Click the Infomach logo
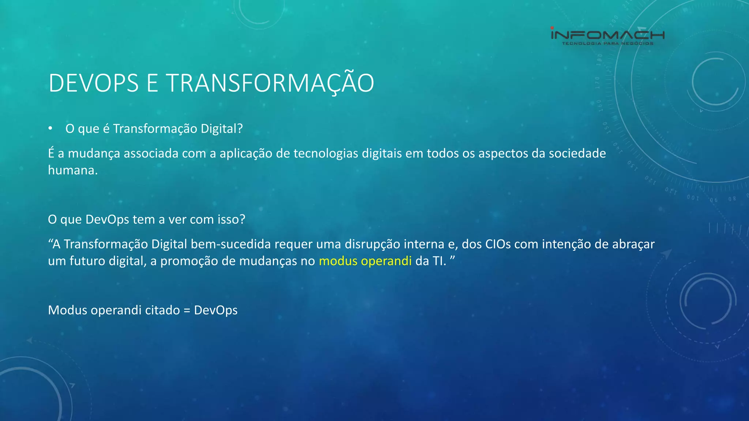point(607,35)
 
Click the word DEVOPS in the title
point(94,83)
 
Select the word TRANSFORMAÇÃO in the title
point(270,83)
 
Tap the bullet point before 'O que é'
point(50,129)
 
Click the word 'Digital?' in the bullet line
point(222,129)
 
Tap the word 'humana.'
point(73,170)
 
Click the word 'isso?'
point(231,219)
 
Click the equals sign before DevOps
point(187,311)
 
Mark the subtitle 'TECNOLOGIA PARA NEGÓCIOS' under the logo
point(607,43)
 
